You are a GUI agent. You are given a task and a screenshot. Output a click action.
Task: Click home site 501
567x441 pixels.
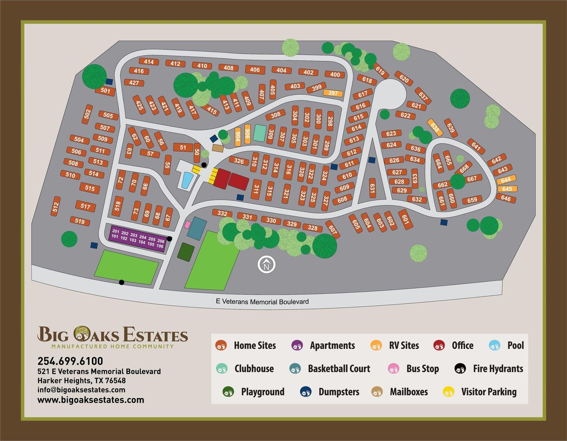click(x=105, y=91)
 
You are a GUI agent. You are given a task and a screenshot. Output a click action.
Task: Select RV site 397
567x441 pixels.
click(x=333, y=93)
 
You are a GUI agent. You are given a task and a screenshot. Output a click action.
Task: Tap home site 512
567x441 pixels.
click(x=56, y=206)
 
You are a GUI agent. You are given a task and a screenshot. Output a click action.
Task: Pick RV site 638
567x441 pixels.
click(x=435, y=127)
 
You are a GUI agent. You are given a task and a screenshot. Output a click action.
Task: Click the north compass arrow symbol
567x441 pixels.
click(x=267, y=265)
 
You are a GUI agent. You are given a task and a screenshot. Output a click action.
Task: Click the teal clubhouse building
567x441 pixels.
click(x=259, y=133)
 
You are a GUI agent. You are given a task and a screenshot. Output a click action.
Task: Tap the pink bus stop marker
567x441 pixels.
click(x=187, y=225)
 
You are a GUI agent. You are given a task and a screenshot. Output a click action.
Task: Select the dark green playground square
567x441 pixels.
click(x=186, y=252)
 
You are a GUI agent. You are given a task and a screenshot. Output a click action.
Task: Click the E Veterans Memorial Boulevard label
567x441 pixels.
click(x=262, y=302)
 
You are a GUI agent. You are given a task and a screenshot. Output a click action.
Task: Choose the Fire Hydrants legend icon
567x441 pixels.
click(x=460, y=369)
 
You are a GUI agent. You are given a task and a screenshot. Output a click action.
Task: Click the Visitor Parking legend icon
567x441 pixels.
click(x=448, y=392)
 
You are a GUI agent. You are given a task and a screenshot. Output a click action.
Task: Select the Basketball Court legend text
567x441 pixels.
click(x=339, y=369)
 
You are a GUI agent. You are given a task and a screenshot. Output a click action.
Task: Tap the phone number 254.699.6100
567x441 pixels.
click(x=70, y=361)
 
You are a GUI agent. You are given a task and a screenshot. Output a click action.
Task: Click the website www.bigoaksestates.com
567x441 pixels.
click(x=91, y=400)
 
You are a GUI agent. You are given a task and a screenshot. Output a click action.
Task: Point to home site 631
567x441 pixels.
click(x=372, y=187)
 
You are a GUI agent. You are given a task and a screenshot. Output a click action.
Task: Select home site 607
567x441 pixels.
click(x=332, y=229)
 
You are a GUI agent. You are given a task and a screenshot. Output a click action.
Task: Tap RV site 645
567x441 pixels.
click(x=507, y=189)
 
